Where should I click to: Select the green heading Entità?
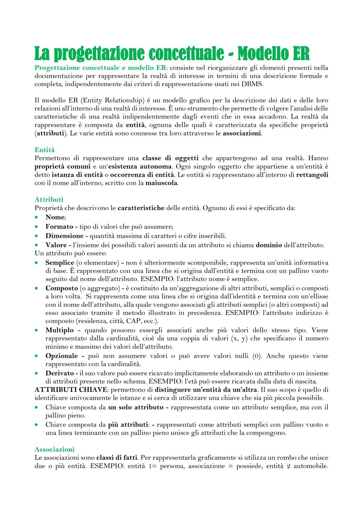click(44, 150)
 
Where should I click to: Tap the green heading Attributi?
click(49, 200)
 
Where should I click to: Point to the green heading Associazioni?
click(54, 449)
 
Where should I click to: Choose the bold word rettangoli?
click(312, 175)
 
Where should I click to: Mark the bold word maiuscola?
click(161, 183)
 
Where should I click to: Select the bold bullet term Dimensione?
click(65, 236)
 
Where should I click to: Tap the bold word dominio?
click(269, 245)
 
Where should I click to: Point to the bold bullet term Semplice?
click(60, 263)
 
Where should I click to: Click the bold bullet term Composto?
click(62, 288)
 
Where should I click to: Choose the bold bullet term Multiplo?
click(59, 330)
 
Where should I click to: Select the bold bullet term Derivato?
click(59, 373)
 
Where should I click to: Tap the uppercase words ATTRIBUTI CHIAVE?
click(71, 390)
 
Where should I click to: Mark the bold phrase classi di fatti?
click(117, 458)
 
